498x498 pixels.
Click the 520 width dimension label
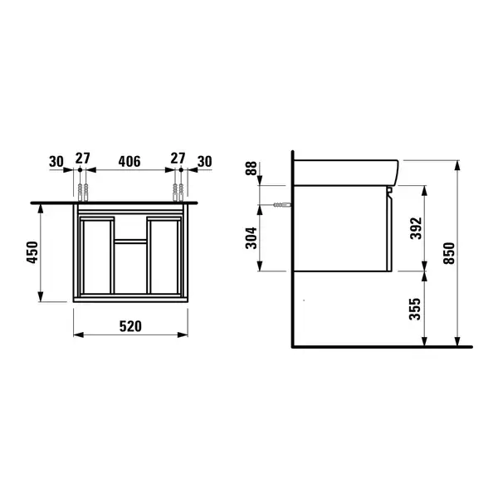tap(130, 326)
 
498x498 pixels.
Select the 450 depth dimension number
tap(32, 252)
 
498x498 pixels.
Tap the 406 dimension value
tap(129, 161)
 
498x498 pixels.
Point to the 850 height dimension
tap(449, 253)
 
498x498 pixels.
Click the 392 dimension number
tap(416, 228)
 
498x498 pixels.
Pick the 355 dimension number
tap(415, 309)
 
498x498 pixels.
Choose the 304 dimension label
tap(251, 238)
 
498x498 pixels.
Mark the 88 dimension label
tap(251, 168)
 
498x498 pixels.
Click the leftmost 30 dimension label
tap(56, 162)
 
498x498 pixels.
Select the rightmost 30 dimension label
tap(204, 162)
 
